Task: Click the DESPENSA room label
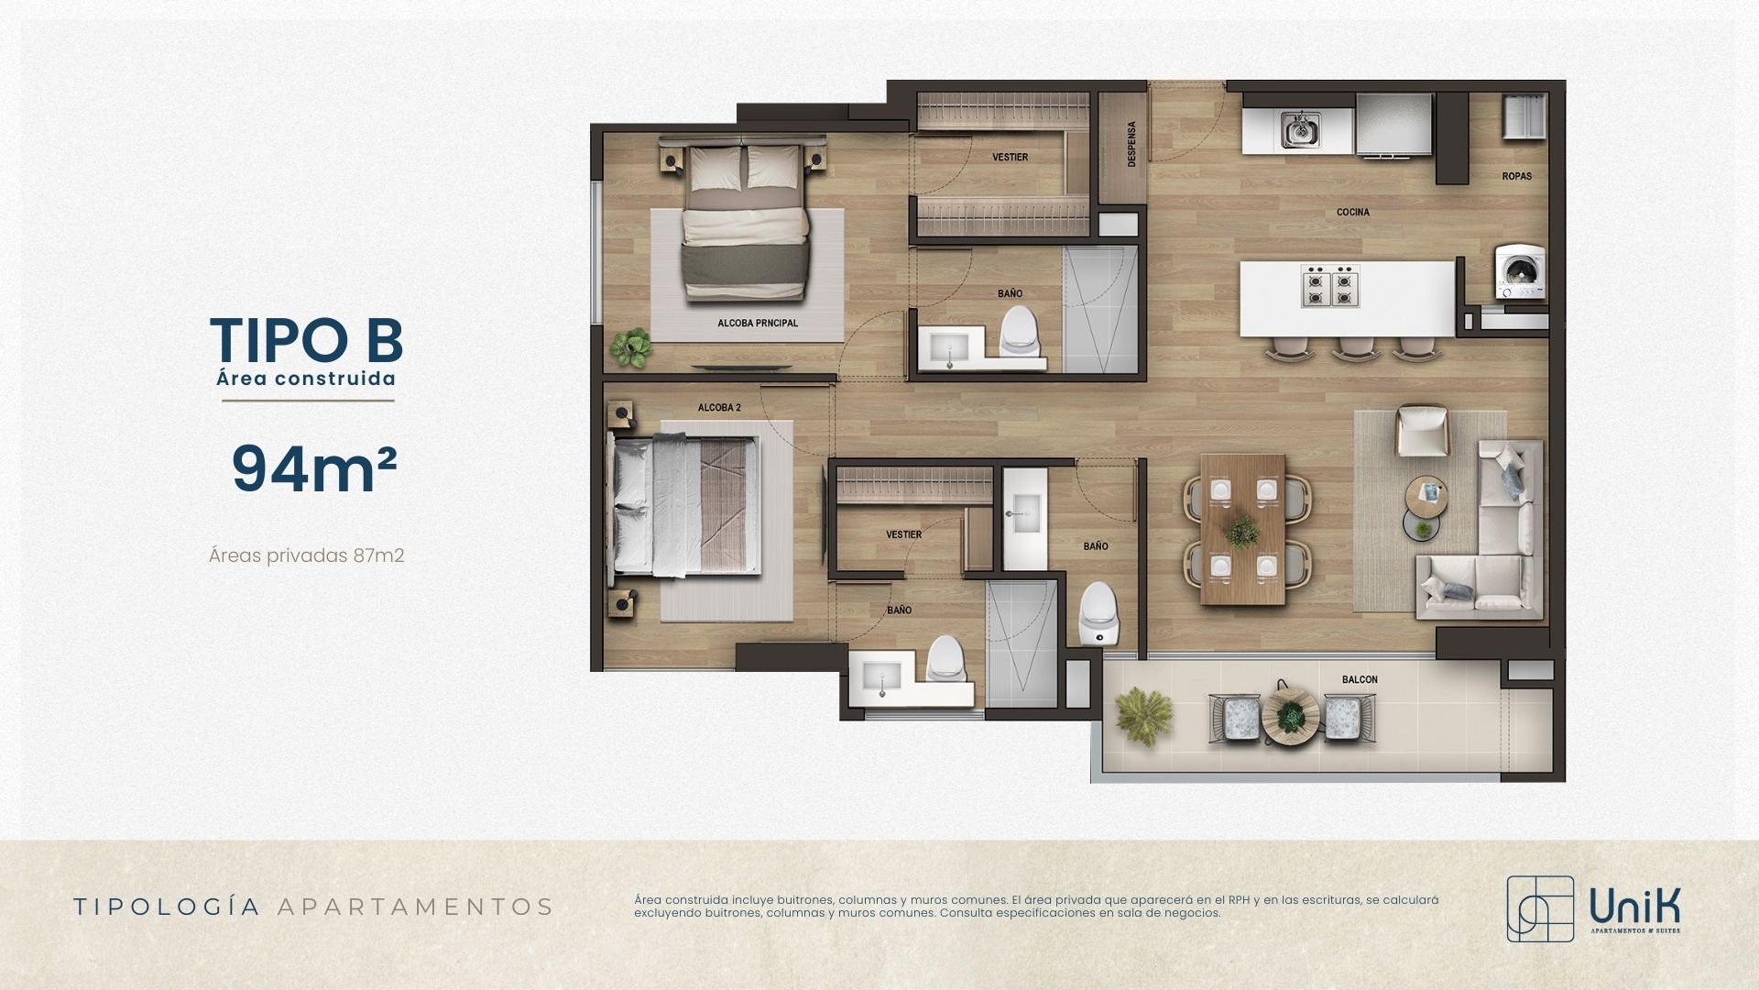point(1132,144)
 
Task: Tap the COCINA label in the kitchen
point(1353,213)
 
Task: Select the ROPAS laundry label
point(1517,176)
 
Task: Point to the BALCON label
point(1360,679)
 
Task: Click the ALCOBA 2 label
point(719,407)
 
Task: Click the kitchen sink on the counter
point(1299,130)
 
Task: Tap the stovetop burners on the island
point(1330,286)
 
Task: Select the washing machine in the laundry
point(1520,270)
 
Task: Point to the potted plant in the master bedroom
point(631,347)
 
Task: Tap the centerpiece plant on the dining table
point(1242,531)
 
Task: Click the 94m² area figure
point(314,469)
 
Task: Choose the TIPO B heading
point(307,340)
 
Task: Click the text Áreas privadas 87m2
point(307,555)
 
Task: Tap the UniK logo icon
point(1540,908)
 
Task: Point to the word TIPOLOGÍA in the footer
point(167,907)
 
